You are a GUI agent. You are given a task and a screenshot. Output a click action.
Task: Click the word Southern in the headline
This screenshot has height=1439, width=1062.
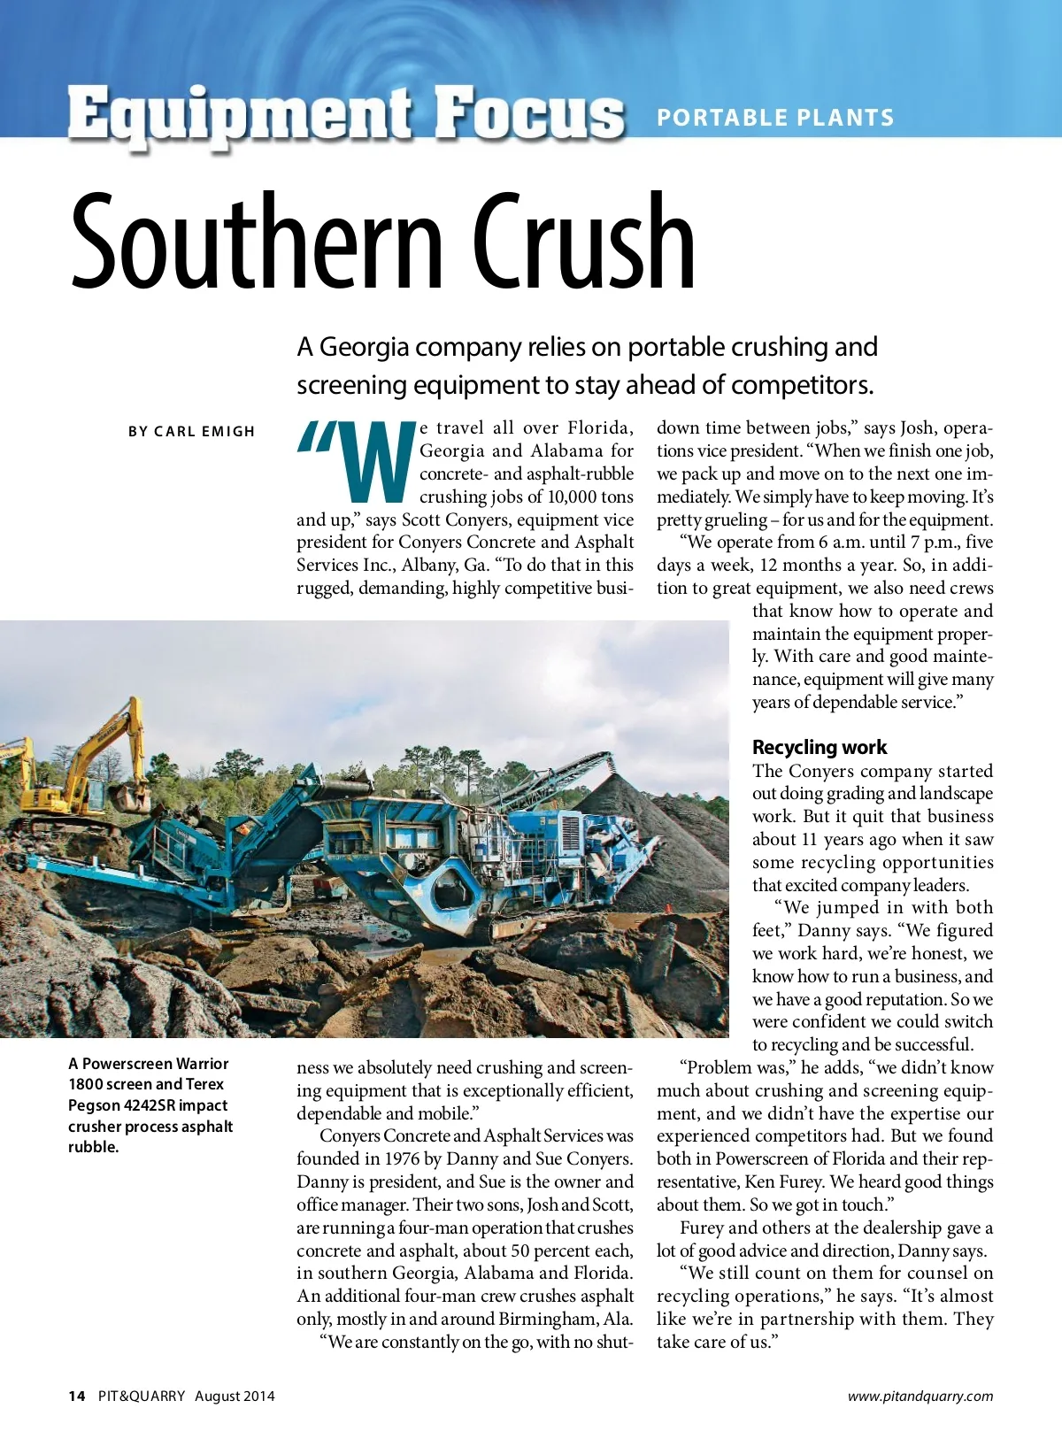256,242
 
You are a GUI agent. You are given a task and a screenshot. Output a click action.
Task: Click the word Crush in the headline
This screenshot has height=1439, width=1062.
583,242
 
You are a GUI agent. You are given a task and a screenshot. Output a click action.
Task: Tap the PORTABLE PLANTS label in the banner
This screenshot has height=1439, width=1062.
775,118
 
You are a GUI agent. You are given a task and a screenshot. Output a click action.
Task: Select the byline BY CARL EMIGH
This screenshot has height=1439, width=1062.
191,432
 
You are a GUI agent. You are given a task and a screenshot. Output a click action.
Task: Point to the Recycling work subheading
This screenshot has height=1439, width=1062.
819,747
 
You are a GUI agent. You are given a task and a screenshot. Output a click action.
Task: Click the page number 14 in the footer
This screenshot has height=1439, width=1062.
77,1396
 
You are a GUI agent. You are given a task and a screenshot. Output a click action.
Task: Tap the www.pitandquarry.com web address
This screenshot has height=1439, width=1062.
920,1396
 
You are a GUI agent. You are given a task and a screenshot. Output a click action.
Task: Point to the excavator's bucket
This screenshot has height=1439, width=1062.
130,796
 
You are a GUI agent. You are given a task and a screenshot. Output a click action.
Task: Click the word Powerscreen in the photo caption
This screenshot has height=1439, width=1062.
123,1063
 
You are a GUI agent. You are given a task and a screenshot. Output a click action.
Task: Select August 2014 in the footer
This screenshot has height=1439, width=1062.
235,1396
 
